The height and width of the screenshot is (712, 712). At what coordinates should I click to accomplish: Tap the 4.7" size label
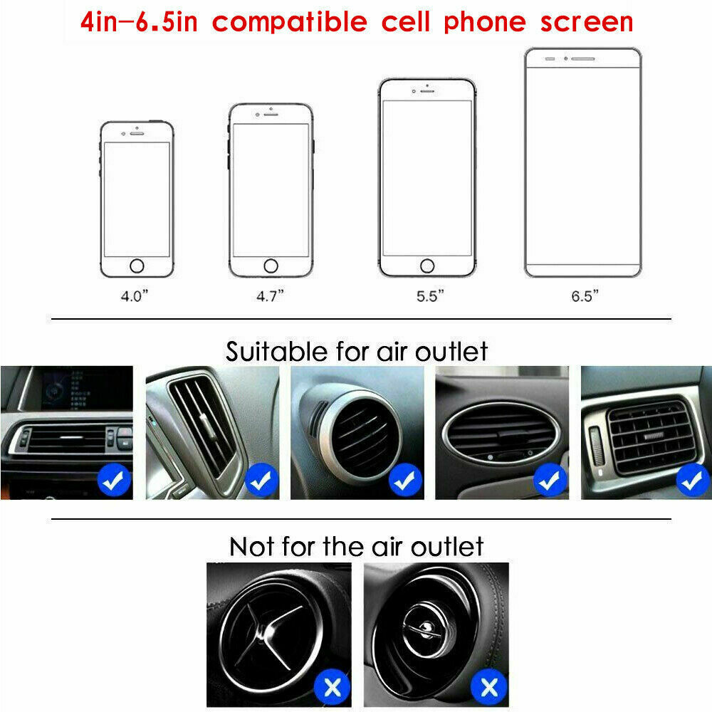[270, 296]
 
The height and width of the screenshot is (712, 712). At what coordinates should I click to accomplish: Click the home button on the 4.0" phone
[136, 266]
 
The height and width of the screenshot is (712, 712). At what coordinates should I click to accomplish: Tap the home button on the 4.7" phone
[271, 266]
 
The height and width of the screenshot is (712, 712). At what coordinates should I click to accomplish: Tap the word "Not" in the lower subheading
[252, 547]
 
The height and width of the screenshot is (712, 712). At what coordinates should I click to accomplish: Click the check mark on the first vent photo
[115, 481]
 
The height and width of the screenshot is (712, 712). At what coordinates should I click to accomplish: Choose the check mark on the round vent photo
[405, 481]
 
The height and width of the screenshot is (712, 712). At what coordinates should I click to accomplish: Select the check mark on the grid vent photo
[693, 481]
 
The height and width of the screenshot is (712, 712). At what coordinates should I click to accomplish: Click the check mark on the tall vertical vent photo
[261, 481]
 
